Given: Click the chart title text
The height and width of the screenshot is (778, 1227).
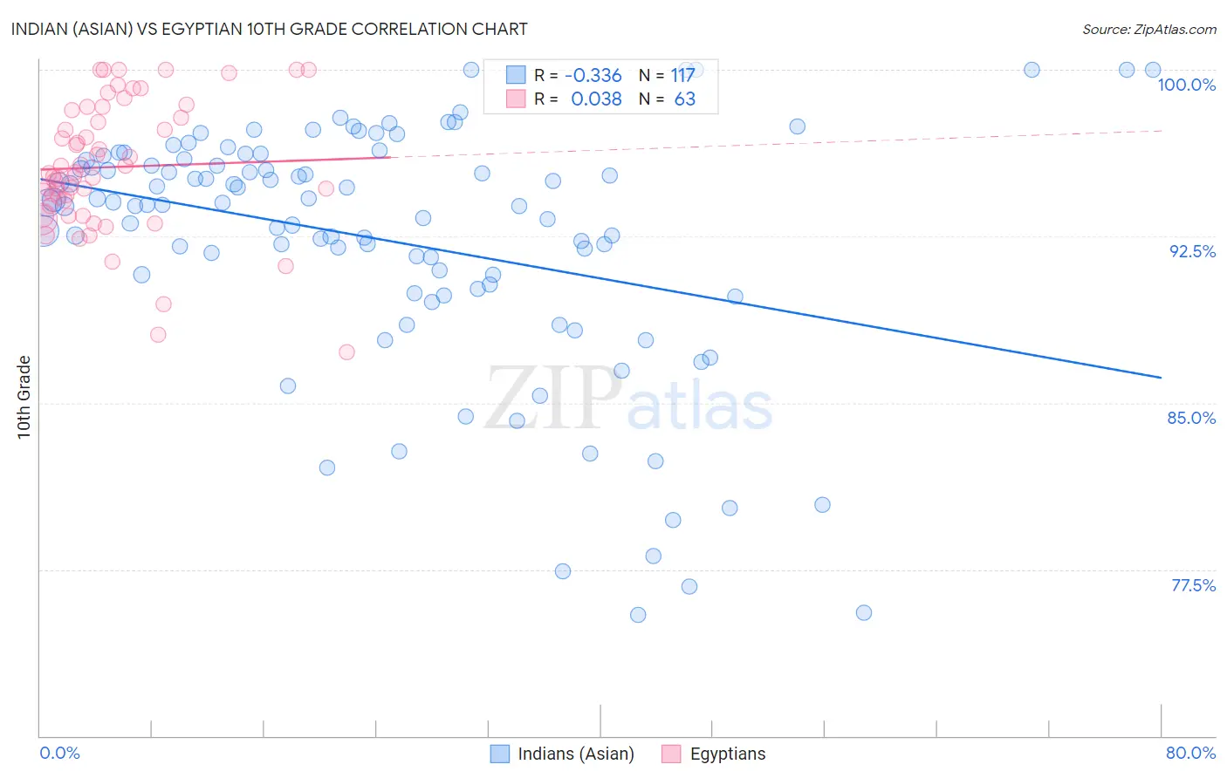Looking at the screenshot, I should pyautogui.click(x=269, y=29).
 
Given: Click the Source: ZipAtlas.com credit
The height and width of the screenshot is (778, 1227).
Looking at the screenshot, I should pyautogui.click(x=1148, y=29).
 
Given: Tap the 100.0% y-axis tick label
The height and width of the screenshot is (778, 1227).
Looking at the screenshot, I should pyautogui.click(x=1186, y=85).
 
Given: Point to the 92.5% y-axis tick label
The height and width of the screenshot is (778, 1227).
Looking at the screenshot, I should pyautogui.click(x=1192, y=251).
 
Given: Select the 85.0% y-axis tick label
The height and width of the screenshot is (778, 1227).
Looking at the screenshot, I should pyautogui.click(x=1191, y=418).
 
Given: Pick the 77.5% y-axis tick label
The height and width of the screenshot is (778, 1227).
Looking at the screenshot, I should pyautogui.click(x=1193, y=585).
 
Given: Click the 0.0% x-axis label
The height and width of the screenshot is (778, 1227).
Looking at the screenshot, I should pyautogui.click(x=59, y=753).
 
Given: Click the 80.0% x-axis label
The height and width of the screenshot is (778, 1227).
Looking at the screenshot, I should pyautogui.click(x=1190, y=753).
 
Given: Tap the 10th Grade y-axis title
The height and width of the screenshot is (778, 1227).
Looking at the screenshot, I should pyautogui.click(x=24, y=397).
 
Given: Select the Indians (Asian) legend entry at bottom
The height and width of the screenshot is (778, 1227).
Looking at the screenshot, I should pyautogui.click(x=562, y=754).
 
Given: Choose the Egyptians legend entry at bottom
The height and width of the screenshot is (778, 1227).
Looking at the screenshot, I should pyautogui.click(x=714, y=754).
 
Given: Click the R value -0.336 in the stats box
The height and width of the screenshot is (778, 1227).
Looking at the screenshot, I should pyautogui.click(x=593, y=75).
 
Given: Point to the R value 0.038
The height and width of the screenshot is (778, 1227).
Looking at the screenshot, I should pyautogui.click(x=596, y=99).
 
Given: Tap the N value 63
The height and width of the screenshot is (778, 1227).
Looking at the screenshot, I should pyautogui.click(x=685, y=99).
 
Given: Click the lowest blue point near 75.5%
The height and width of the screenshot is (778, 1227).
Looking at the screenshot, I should pyautogui.click(x=638, y=615).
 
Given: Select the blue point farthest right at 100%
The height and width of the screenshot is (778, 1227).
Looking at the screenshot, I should pyautogui.click(x=1152, y=70).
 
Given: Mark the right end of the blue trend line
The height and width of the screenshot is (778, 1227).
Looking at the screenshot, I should pyautogui.click(x=1161, y=378).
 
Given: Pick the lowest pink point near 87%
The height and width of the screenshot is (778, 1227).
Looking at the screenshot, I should pyautogui.click(x=346, y=352).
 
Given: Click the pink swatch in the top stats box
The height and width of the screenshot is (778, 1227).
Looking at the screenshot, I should pyautogui.click(x=516, y=99).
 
